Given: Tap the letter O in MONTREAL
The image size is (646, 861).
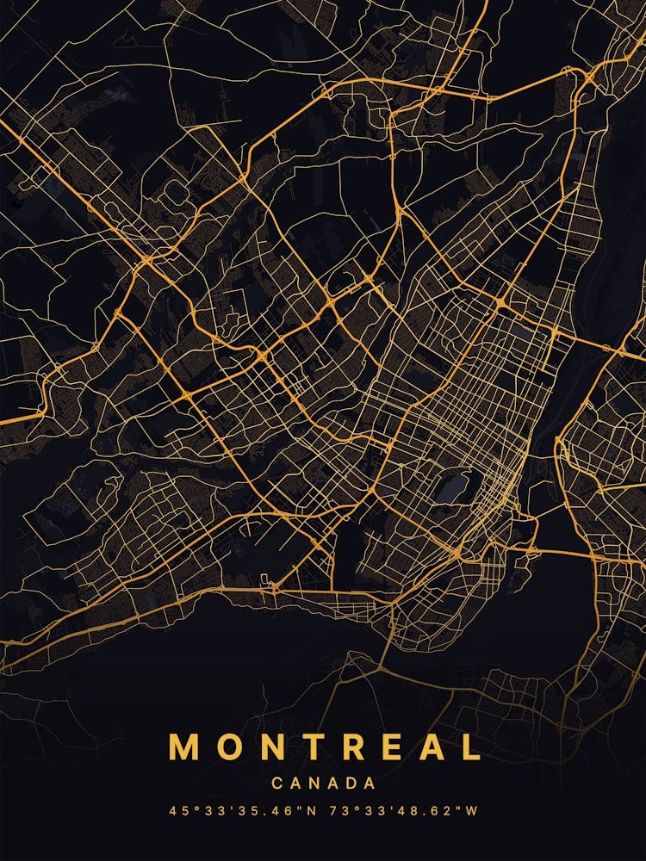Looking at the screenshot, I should pyautogui.click(x=230, y=746).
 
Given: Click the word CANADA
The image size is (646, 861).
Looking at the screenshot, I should pyautogui.click(x=323, y=784).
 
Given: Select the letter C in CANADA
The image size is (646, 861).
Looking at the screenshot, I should pyautogui.click(x=276, y=784).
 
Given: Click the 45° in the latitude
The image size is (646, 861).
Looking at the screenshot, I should pyautogui.click(x=183, y=811).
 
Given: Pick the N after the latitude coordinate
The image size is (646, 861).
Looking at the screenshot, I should pyautogui.click(x=301, y=811).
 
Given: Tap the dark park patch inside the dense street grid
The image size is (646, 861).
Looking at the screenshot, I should pyautogui.click(x=454, y=486).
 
